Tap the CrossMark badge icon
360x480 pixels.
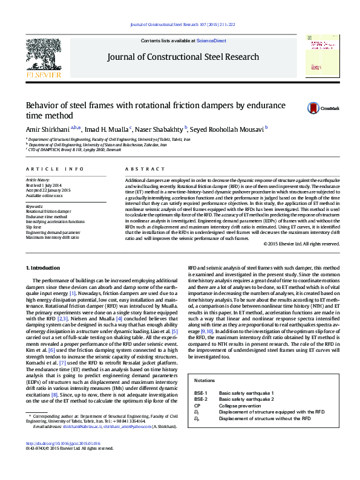click(x=313, y=108)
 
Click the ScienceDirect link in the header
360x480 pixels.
click(x=211, y=41)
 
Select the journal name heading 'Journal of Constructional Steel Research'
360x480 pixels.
click(x=183, y=57)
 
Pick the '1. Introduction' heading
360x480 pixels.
click(x=44, y=267)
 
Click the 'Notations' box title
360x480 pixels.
click(x=205, y=380)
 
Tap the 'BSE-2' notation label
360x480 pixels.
click(x=201, y=400)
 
